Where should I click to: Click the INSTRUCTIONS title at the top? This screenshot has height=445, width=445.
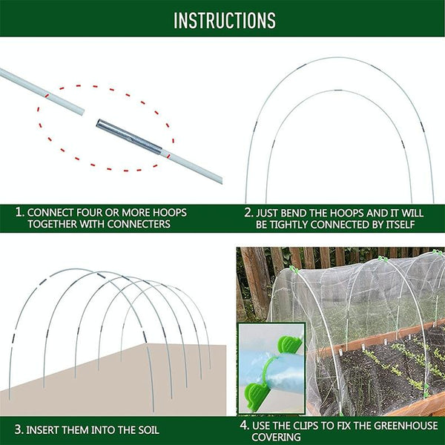(x=224, y=20)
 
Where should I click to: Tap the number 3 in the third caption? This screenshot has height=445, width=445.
(x=18, y=429)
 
